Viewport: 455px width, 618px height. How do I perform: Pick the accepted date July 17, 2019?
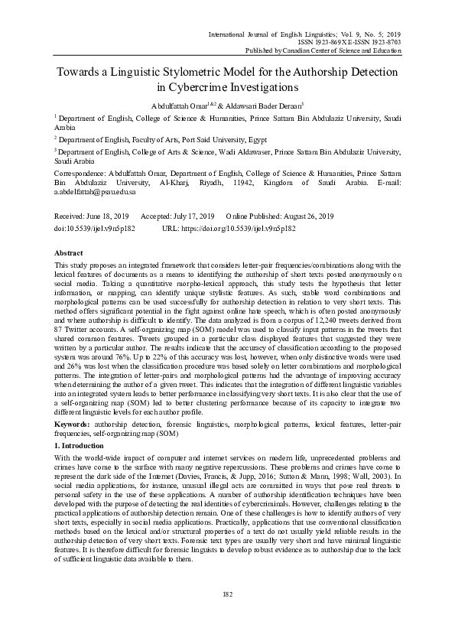(197, 217)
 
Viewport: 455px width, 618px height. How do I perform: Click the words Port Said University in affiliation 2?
(193, 140)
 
